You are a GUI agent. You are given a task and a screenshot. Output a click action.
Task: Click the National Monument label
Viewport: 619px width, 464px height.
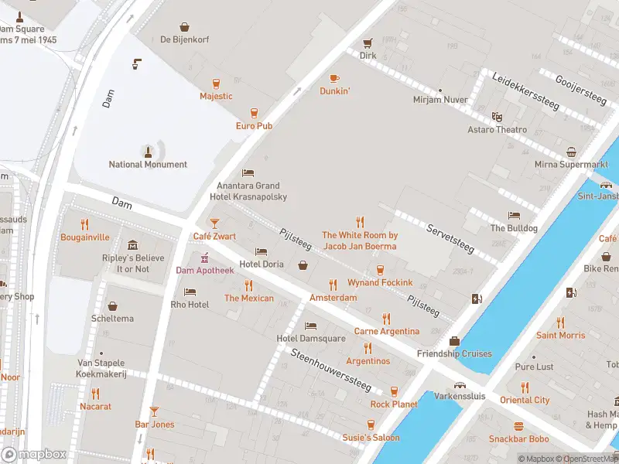148,164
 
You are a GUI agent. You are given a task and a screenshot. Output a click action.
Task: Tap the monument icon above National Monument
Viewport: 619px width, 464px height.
148,149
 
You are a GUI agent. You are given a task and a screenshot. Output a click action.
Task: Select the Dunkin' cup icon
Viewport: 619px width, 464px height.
334,78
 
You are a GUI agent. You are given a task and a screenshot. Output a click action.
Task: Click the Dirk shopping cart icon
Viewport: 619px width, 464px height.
368,43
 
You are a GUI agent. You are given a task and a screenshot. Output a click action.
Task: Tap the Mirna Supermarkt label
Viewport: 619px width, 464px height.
571,165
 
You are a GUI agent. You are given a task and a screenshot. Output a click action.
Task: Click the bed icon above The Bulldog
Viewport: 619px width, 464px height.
514,215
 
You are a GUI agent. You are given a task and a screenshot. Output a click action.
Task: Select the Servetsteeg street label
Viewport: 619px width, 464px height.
450,236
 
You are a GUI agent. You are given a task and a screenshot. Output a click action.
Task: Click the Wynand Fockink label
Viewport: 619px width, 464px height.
380,283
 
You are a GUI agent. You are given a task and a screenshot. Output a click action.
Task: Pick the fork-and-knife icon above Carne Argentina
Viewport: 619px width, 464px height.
386,318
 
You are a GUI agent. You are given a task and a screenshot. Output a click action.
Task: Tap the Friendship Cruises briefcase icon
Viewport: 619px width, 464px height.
454,341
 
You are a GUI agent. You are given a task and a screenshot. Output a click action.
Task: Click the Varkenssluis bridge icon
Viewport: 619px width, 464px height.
460,385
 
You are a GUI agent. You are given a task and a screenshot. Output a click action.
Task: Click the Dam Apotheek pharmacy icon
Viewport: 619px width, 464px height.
205,258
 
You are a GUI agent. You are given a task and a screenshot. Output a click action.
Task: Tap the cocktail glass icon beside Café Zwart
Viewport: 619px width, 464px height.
215,223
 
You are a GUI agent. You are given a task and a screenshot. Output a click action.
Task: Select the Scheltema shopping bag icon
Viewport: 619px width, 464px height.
112,306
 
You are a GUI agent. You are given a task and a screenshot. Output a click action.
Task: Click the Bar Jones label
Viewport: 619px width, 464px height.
155,425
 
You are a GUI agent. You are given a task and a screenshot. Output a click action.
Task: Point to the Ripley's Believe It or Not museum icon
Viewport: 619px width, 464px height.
132,245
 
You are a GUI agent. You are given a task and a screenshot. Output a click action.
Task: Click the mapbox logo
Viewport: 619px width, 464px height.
33,455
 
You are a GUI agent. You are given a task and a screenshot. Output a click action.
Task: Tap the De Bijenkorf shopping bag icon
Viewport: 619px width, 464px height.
183,27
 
